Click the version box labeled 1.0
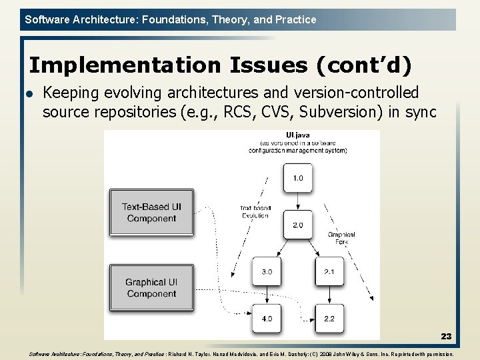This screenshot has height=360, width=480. [x=297, y=178]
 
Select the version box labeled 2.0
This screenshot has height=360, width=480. [x=297, y=225]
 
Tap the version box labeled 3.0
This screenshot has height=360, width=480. [x=267, y=272]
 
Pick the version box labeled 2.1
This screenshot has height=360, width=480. [x=329, y=272]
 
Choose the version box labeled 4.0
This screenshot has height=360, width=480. [x=267, y=319]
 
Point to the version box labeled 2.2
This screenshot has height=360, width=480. [x=329, y=319]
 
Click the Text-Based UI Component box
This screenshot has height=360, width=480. [x=151, y=213]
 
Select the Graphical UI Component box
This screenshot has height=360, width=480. [x=151, y=288]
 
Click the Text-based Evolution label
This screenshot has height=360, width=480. [x=255, y=212]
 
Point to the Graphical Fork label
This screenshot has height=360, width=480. [x=341, y=238]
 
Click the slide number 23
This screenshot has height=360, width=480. [x=446, y=337]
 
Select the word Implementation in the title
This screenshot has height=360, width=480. [x=124, y=65]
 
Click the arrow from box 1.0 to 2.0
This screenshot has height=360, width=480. [x=297, y=201]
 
